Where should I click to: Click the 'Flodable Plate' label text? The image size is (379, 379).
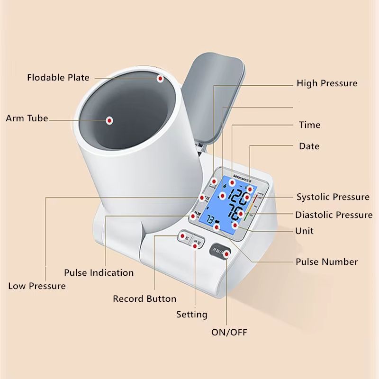(x=58, y=77)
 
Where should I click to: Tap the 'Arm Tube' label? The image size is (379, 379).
(x=27, y=118)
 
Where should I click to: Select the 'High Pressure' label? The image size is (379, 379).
(x=327, y=83)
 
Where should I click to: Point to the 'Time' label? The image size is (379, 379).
(x=309, y=125)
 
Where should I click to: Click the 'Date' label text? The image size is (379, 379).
(x=309, y=146)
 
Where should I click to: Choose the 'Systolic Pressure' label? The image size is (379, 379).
(x=333, y=197)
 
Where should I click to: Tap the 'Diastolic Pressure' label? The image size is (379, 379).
(x=334, y=215)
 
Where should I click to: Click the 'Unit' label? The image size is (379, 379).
(x=304, y=231)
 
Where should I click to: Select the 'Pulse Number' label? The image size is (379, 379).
(x=326, y=262)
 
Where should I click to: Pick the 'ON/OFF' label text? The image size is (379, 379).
(x=229, y=332)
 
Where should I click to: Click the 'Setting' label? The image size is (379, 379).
(x=192, y=314)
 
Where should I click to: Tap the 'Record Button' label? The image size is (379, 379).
(x=144, y=299)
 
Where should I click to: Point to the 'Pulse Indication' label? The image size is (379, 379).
(x=99, y=273)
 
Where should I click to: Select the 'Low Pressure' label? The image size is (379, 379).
(x=37, y=286)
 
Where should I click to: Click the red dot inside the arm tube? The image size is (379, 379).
(x=109, y=120)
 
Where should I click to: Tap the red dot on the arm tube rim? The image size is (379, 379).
(x=160, y=79)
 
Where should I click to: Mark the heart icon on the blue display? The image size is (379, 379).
(x=217, y=222)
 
